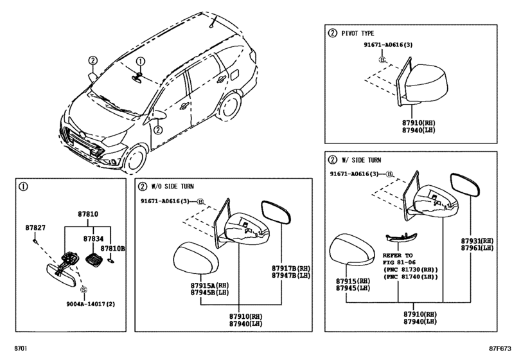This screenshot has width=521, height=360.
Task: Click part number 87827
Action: (x=35, y=228)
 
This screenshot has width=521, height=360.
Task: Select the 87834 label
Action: (x=93, y=239)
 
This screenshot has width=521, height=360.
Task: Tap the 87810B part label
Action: (x=113, y=248)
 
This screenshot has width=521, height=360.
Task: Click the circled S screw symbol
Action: (x=84, y=290)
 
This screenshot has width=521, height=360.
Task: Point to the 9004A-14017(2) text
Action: (x=91, y=304)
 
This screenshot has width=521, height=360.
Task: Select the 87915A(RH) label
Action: (x=209, y=285)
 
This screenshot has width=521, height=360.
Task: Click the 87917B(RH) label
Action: (x=291, y=268)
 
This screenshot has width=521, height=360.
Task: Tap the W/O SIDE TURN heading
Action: (x=172, y=186)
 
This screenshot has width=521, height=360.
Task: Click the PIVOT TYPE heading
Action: (x=358, y=33)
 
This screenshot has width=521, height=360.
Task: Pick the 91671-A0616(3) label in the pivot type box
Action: (x=388, y=45)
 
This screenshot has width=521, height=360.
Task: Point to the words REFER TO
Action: (x=398, y=255)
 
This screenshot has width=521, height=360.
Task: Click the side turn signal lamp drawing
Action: (x=402, y=238)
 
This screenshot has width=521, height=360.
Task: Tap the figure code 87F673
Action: (x=500, y=348)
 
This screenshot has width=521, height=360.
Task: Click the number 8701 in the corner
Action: (x=21, y=348)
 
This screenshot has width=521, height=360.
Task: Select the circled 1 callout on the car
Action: (x=141, y=62)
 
